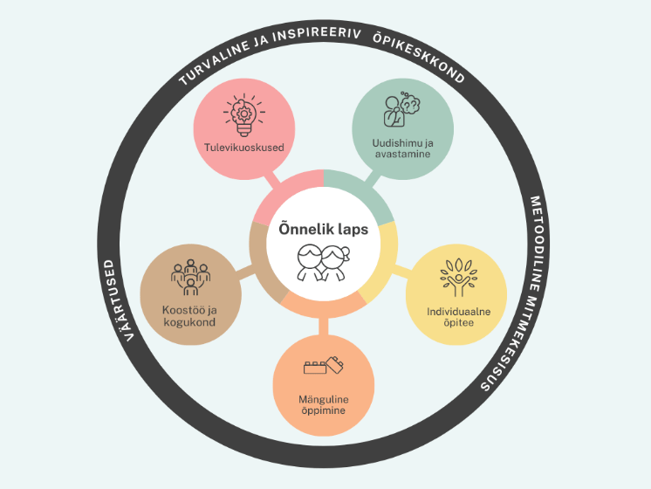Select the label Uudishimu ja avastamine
pyautogui.click(x=402, y=148)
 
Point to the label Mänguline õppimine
pyautogui.click(x=323, y=404)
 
